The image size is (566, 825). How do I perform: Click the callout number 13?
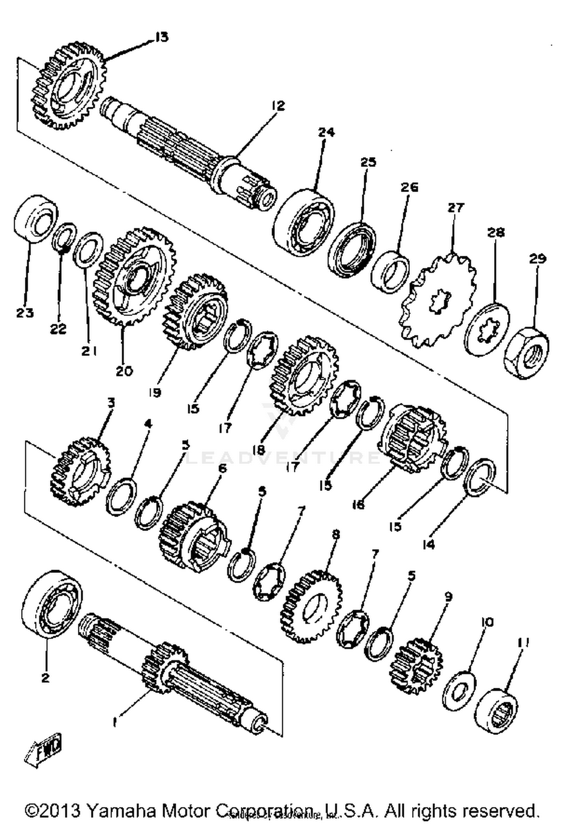click(161, 37)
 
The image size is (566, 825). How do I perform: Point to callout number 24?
click(326, 132)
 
